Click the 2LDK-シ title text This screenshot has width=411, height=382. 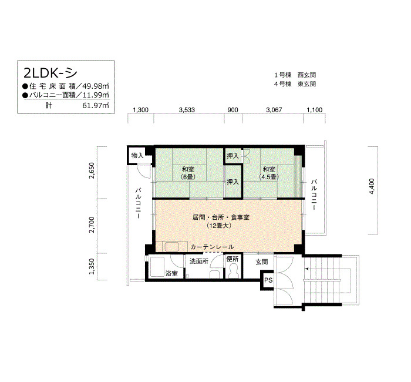coord(50,73)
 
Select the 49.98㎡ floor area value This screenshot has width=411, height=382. coord(96,86)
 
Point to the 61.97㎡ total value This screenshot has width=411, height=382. coord(96,106)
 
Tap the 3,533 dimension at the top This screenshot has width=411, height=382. coord(187,110)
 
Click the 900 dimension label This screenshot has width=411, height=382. coord(233,110)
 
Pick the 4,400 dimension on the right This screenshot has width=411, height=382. coord(372,186)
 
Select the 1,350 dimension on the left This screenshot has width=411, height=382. coord(92,267)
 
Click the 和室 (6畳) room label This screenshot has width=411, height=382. coord(188,173)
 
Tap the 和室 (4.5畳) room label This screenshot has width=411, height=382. coord(269,173)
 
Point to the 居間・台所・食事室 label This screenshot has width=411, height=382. coord(221,217)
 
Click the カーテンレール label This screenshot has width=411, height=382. coord(212,247)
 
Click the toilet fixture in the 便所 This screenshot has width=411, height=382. coord(233,270)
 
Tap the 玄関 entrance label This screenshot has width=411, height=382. coord(262,262)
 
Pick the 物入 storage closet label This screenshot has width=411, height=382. coord(137,156)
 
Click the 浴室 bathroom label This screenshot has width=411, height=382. coord(171,273)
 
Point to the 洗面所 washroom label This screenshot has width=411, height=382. coord(199,261)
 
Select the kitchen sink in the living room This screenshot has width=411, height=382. coord(171,247)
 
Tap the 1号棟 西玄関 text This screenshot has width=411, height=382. coord(295,75)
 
